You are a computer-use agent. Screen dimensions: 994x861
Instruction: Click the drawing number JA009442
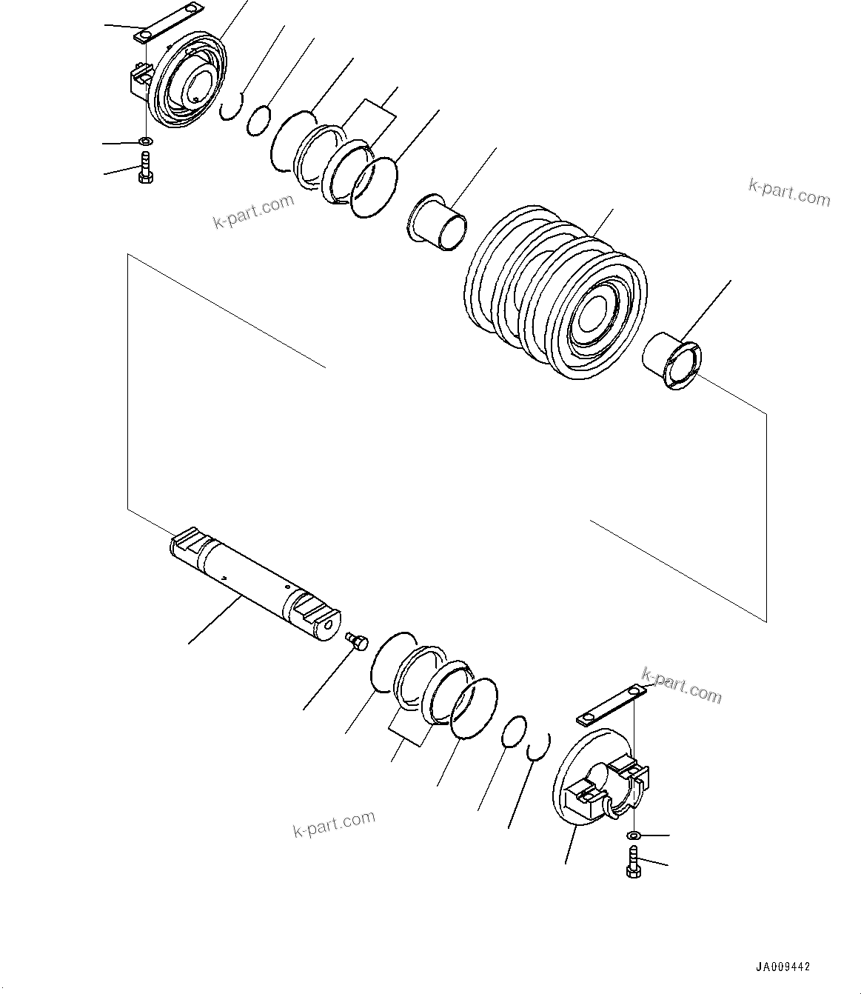783,967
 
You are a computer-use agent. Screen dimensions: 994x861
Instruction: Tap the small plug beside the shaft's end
357,640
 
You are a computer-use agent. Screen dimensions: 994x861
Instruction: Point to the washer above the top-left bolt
146,140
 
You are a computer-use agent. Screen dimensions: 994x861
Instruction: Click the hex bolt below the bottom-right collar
634,862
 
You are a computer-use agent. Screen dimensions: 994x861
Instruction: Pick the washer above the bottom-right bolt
634,835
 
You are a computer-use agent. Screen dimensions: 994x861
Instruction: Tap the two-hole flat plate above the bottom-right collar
612,704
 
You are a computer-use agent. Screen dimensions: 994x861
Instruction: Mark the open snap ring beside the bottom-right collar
540,747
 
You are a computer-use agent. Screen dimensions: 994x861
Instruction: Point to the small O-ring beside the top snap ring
258,121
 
